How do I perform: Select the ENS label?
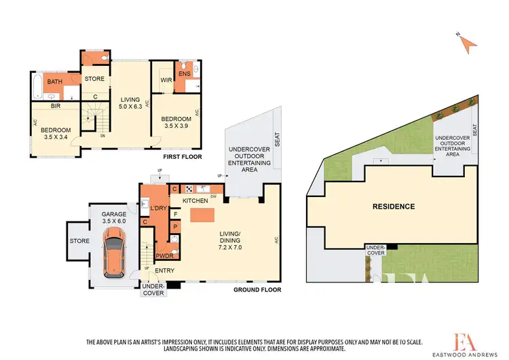(183, 73)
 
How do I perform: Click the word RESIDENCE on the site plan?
(393, 206)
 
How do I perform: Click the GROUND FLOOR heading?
(257, 290)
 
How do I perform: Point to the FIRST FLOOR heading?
(177, 156)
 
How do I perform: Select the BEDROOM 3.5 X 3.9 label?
(176, 123)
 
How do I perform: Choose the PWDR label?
(163, 256)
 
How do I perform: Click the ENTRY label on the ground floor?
(165, 271)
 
